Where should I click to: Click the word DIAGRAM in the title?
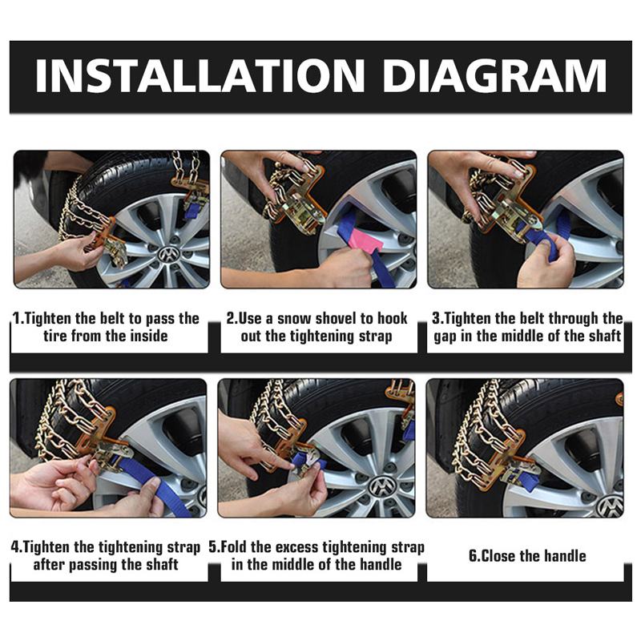tap(494, 76)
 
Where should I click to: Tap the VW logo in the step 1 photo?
tap(167, 254)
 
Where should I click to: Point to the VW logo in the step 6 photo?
tap(608, 505)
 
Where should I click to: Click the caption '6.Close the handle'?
tap(527, 555)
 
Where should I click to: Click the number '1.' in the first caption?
tap(18, 318)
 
